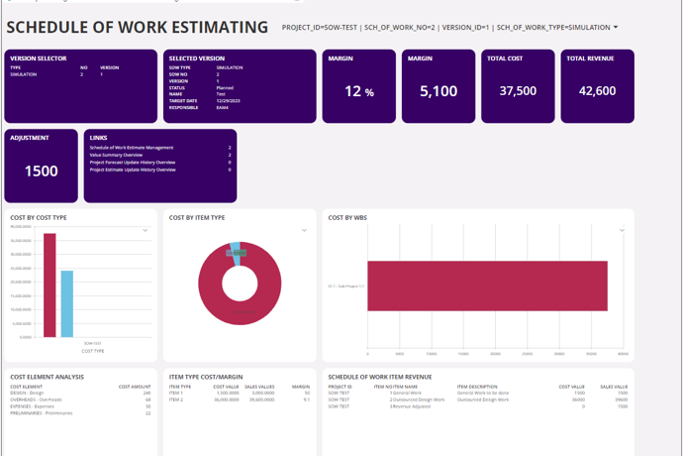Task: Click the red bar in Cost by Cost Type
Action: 49,287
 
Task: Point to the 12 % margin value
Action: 358,91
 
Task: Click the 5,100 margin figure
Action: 438,91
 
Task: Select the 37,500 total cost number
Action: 518,91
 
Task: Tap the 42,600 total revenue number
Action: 598,91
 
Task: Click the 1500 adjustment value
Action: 41,171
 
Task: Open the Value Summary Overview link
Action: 117,155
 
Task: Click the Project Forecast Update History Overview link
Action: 133,162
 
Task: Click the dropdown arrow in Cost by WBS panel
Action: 623,230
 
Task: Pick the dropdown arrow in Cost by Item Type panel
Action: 304,230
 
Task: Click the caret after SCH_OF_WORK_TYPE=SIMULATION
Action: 616,28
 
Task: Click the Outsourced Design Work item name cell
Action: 396,399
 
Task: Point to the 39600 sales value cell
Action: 621,399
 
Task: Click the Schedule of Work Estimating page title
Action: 137,28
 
